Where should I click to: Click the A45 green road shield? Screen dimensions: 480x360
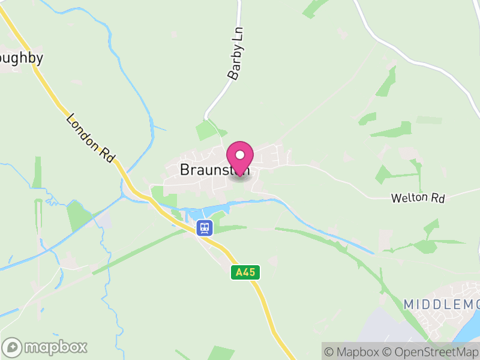pos(245,272)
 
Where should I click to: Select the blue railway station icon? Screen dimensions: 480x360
pos(205,227)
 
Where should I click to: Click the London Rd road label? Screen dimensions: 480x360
pos(90,138)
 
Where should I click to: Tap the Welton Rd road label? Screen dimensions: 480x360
pos(418,197)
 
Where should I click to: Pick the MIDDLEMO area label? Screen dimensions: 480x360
pos(440,304)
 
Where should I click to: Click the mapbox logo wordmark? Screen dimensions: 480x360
pos(55,347)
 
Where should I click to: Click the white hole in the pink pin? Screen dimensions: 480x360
pos(240,155)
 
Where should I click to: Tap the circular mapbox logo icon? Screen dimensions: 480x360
pos(13,347)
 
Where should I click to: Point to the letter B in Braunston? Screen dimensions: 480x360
pos(184,170)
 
